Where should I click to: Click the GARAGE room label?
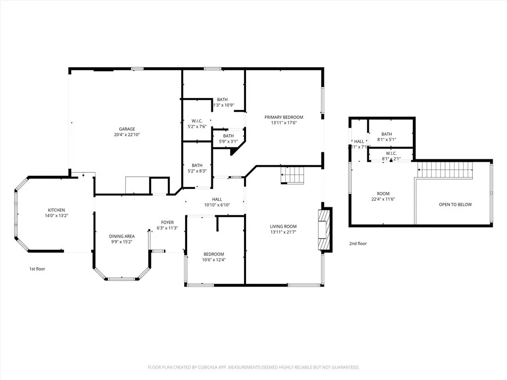127,129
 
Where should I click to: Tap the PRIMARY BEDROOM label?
284,117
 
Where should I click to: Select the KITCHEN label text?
56,210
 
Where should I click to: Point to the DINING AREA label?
122,237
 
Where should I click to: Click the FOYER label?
167,223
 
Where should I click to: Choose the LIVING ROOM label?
283,226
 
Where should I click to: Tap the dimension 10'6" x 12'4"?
214,260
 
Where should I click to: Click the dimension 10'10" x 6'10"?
217,205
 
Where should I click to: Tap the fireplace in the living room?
323,230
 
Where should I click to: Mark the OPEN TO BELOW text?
455,205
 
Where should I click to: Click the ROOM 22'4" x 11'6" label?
383,196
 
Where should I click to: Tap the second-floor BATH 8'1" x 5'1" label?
387,137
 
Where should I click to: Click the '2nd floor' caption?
358,243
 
